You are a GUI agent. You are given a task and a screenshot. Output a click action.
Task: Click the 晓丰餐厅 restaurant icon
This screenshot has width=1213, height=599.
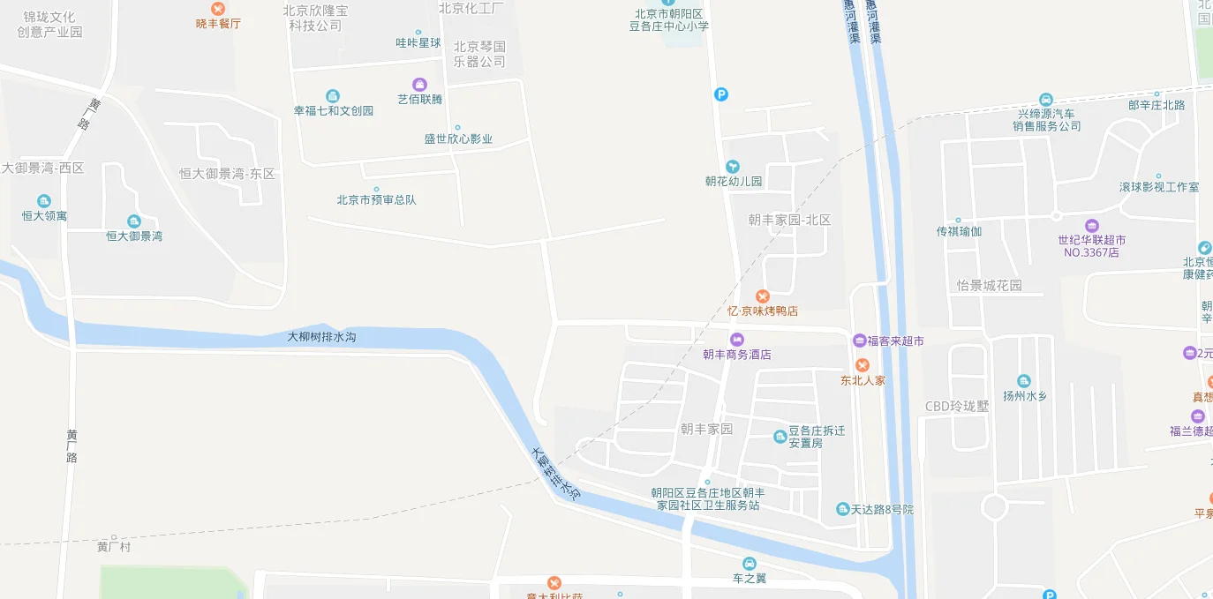(218, 9)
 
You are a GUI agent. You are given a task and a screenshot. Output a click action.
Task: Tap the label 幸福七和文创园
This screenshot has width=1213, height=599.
(334, 110)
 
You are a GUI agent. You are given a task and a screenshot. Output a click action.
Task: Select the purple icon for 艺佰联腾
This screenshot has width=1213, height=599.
(419, 85)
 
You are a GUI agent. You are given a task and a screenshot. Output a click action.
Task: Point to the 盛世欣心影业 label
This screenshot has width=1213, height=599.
(458, 139)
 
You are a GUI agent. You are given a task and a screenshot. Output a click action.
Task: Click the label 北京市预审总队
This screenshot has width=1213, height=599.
(376, 199)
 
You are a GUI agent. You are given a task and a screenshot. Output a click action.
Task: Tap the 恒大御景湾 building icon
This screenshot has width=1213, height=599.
(134, 221)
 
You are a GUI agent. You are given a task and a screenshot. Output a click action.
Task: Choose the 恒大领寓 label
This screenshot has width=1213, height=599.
(44, 215)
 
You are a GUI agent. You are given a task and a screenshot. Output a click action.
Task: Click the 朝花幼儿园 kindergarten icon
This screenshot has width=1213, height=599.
(732, 167)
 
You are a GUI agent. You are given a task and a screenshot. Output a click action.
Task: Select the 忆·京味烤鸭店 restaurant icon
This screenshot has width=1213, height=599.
(762, 296)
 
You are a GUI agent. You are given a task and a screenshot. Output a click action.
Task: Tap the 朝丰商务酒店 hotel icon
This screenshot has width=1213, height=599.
(737, 340)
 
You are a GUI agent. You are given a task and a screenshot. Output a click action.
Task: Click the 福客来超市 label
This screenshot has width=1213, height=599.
(894, 341)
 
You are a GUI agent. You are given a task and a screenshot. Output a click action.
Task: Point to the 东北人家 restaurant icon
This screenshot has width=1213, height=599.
(863, 365)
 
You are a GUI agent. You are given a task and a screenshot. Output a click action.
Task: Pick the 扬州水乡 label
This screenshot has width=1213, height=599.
(1024, 396)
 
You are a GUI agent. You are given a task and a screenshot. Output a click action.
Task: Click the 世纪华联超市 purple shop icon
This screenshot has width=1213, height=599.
(1092, 225)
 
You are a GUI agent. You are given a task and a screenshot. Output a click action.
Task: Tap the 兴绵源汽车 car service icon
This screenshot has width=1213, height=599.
(1046, 100)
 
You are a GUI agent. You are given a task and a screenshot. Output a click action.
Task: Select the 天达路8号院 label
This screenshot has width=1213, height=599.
(881, 510)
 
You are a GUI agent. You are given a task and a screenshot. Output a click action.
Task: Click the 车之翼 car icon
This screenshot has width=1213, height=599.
(750, 564)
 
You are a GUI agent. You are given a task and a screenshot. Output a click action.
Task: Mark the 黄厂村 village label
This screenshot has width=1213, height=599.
(114, 547)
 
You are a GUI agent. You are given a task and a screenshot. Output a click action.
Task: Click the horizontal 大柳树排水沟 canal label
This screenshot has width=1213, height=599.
(321, 336)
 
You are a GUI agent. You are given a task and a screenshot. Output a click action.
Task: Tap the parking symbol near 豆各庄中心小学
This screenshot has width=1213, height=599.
(721, 94)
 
